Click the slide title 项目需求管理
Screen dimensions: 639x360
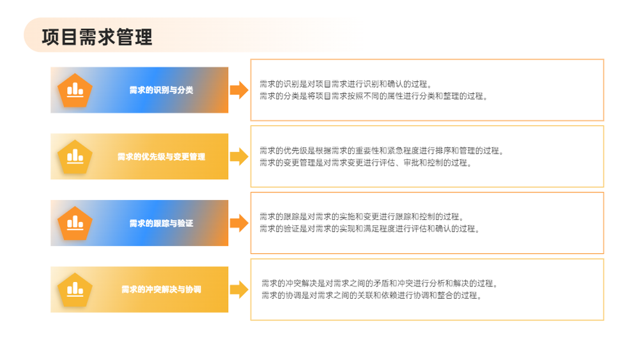97,36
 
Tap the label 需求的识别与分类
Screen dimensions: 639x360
162,90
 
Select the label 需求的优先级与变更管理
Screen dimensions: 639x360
162,157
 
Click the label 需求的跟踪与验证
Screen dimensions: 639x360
162,223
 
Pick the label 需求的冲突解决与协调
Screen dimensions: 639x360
162,290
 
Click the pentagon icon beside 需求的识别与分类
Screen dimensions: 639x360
75,91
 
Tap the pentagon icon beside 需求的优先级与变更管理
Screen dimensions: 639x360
75,157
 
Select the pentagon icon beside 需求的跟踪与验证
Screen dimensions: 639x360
75,223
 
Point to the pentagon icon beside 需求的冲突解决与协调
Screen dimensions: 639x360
75,290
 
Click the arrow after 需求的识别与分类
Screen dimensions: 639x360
239,90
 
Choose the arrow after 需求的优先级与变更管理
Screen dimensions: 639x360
239,157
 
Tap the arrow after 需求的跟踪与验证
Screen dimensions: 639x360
239,223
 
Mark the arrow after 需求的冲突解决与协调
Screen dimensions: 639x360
239,290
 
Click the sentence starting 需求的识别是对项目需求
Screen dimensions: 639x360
346,84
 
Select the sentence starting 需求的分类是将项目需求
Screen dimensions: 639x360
374,96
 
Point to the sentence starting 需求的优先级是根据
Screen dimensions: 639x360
382,151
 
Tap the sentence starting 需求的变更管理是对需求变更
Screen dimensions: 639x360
366,162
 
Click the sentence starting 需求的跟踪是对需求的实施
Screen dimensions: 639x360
362,217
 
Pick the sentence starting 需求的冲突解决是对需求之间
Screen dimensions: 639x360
380,283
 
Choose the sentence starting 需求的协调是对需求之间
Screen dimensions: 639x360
372,295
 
